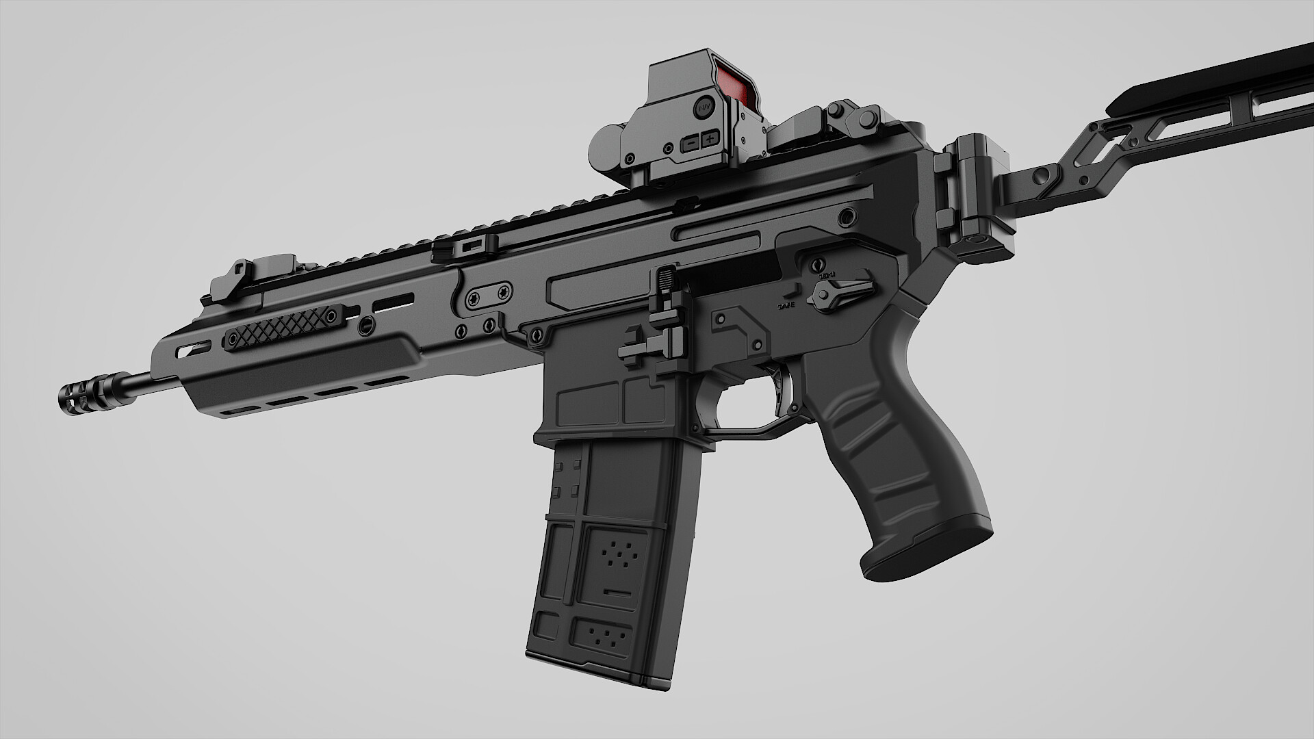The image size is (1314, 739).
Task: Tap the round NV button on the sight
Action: [x=704, y=106]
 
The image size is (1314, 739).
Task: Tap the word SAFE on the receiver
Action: [x=786, y=305]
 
